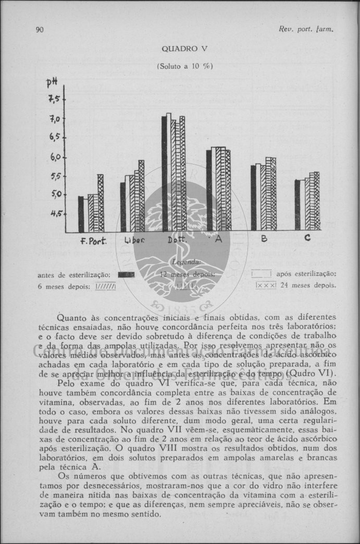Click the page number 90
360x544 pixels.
40,29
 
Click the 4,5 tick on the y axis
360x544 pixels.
56,212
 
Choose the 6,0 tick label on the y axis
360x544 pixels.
56,157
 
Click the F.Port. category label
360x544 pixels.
93,241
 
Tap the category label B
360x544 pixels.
264,238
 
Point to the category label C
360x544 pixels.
307,238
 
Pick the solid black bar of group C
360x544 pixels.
297,205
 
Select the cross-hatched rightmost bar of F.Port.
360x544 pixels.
101,203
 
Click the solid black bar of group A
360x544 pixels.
209,190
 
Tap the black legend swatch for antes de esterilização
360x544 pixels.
126,274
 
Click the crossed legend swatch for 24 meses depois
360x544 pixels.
266,285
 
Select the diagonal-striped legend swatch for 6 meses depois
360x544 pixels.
105,286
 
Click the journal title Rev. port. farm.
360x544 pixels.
311,29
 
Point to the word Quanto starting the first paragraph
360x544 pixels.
71,317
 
